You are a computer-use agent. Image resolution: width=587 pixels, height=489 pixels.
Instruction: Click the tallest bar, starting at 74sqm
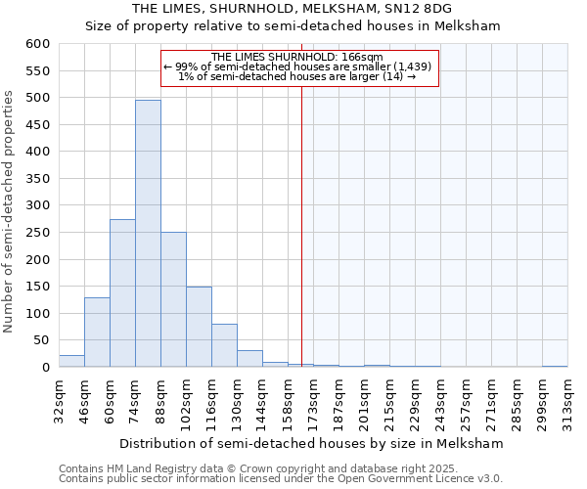(x=148, y=234)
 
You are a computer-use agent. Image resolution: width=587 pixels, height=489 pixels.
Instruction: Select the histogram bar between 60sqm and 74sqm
(x=122, y=293)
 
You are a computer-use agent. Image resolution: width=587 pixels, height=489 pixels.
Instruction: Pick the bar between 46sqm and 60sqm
(x=97, y=333)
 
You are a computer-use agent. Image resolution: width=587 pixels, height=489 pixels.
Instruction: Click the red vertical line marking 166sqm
(x=301, y=225)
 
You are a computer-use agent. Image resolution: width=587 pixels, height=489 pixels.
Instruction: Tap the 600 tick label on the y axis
(x=37, y=44)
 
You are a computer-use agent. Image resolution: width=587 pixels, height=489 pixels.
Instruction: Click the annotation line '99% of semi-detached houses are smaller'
(x=298, y=67)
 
